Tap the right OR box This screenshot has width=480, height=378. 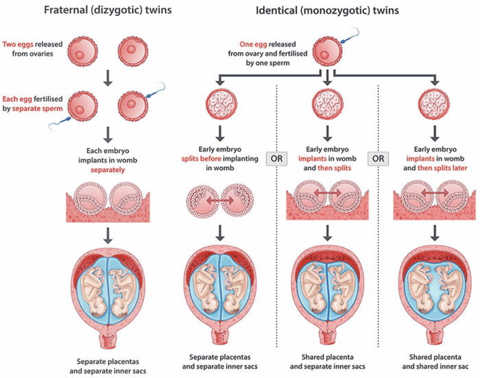378,158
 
